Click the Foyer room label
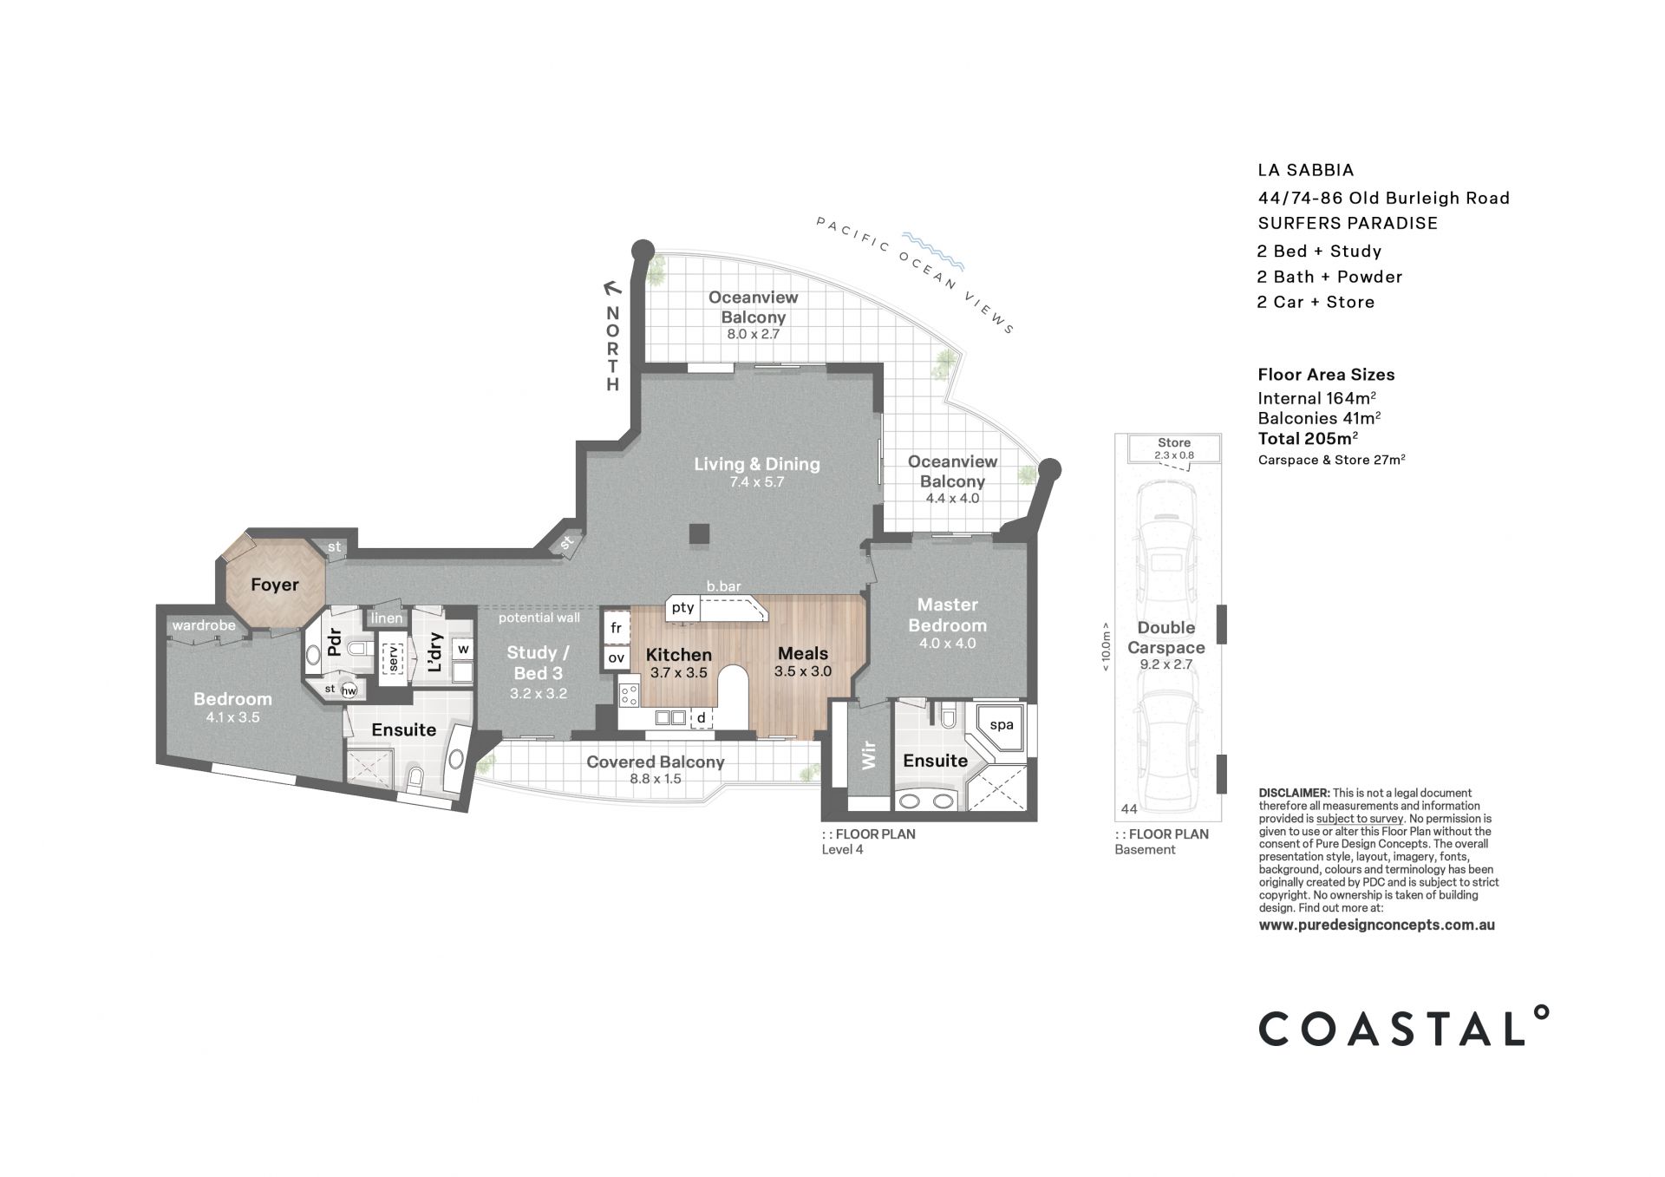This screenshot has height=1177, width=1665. coord(274,585)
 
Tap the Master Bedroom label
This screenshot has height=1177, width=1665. coord(947,615)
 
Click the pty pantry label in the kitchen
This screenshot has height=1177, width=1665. coord(682,608)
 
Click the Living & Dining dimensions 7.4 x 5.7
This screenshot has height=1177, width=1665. coord(756,482)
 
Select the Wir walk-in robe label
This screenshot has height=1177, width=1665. coord(868,755)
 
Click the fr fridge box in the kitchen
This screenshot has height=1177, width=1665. coord(617,627)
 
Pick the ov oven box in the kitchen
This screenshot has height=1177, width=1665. coord(617,658)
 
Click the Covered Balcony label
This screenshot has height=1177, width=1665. coord(656,762)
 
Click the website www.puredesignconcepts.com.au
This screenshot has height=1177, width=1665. coord(1376,925)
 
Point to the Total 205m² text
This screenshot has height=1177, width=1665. coord(1308,438)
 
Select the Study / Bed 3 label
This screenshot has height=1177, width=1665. coord(538,663)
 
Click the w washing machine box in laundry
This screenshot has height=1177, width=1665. coord(462,649)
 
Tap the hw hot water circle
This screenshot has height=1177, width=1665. coord(349,691)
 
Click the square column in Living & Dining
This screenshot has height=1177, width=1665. coord(699,534)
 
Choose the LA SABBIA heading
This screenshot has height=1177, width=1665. coord(1306,171)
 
